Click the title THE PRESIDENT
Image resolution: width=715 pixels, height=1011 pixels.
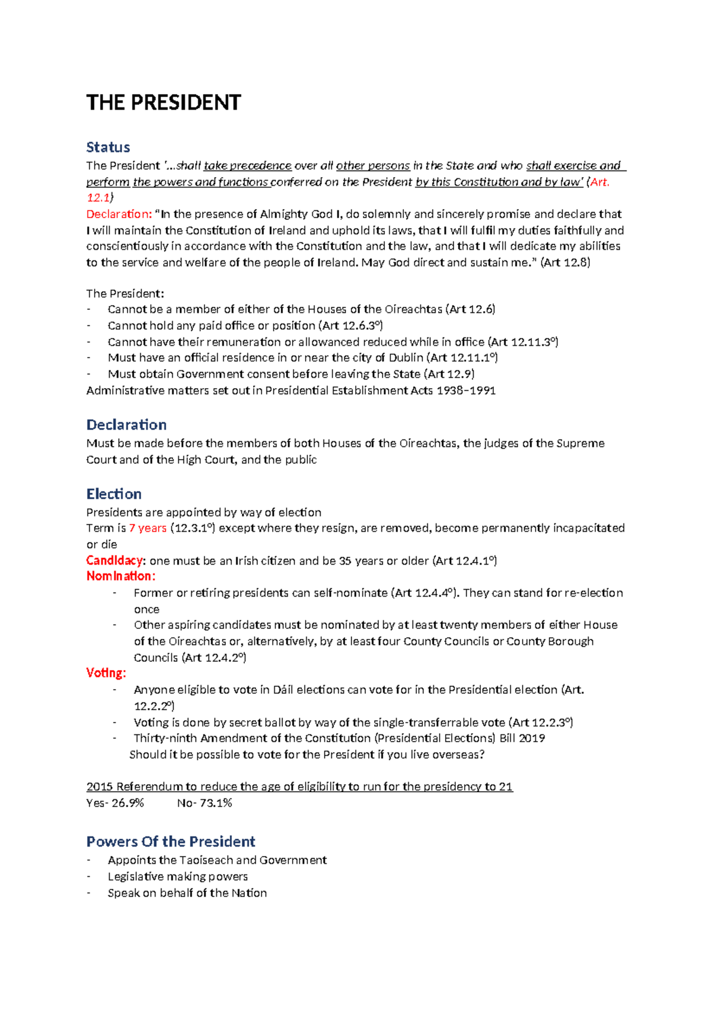click(x=163, y=103)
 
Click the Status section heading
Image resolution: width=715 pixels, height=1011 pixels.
click(x=108, y=147)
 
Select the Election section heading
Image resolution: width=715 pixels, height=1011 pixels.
click(x=114, y=494)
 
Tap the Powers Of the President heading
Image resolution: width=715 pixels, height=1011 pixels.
click(x=170, y=841)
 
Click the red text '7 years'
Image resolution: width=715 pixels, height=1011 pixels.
click(x=148, y=528)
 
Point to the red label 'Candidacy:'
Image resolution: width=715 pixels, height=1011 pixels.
click(x=116, y=560)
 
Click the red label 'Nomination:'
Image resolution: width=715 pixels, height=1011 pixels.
click(x=121, y=576)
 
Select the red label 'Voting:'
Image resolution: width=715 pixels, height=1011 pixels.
click(x=106, y=673)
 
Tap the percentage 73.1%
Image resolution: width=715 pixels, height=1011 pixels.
click(x=216, y=803)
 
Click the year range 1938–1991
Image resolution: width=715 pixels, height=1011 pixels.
click(x=466, y=390)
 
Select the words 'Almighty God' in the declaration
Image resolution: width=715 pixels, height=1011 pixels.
click(x=301, y=214)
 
